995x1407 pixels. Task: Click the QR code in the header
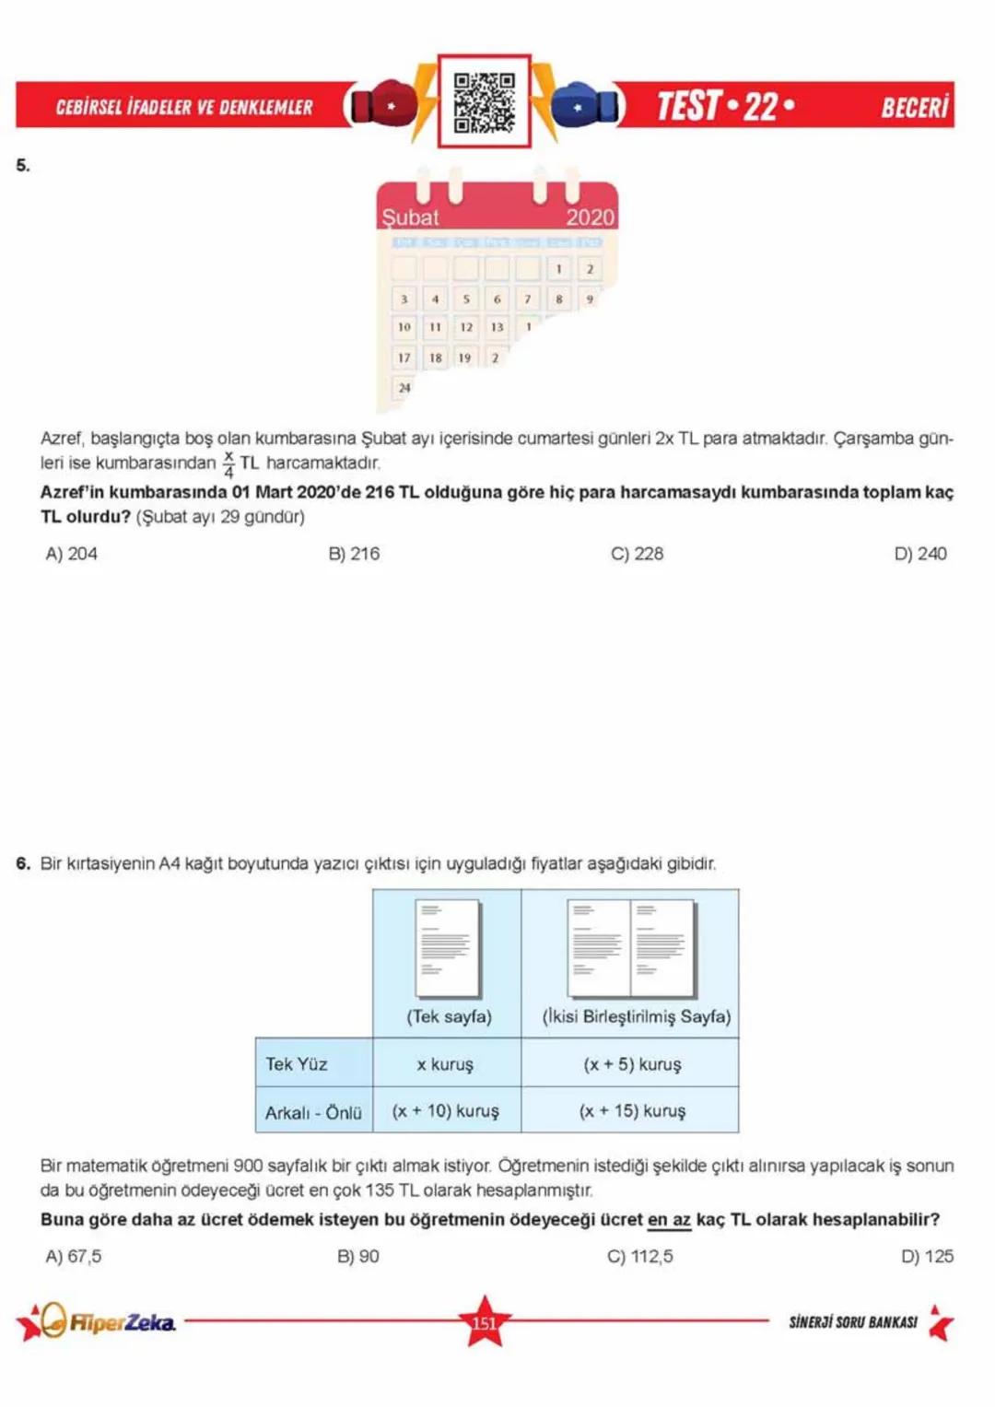(484, 101)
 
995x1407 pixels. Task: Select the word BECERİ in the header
(914, 107)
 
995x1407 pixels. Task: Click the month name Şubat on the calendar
(411, 217)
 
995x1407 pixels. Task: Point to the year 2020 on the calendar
(590, 217)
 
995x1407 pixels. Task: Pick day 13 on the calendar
(497, 327)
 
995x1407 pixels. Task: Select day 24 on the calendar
(404, 388)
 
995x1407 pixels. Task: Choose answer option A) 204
(71, 554)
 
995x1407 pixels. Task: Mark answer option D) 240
(919, 554)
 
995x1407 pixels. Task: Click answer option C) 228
(637, 554)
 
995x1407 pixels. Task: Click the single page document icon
(448, 948)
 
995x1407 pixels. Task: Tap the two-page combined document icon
(631, 948)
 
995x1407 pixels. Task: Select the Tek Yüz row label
(297, 1064)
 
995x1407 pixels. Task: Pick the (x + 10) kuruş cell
(446, 1111)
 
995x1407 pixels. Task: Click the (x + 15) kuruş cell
(632, 1111)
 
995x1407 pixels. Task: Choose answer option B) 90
(357, 1257)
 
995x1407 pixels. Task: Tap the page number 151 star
(485, 1323)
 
